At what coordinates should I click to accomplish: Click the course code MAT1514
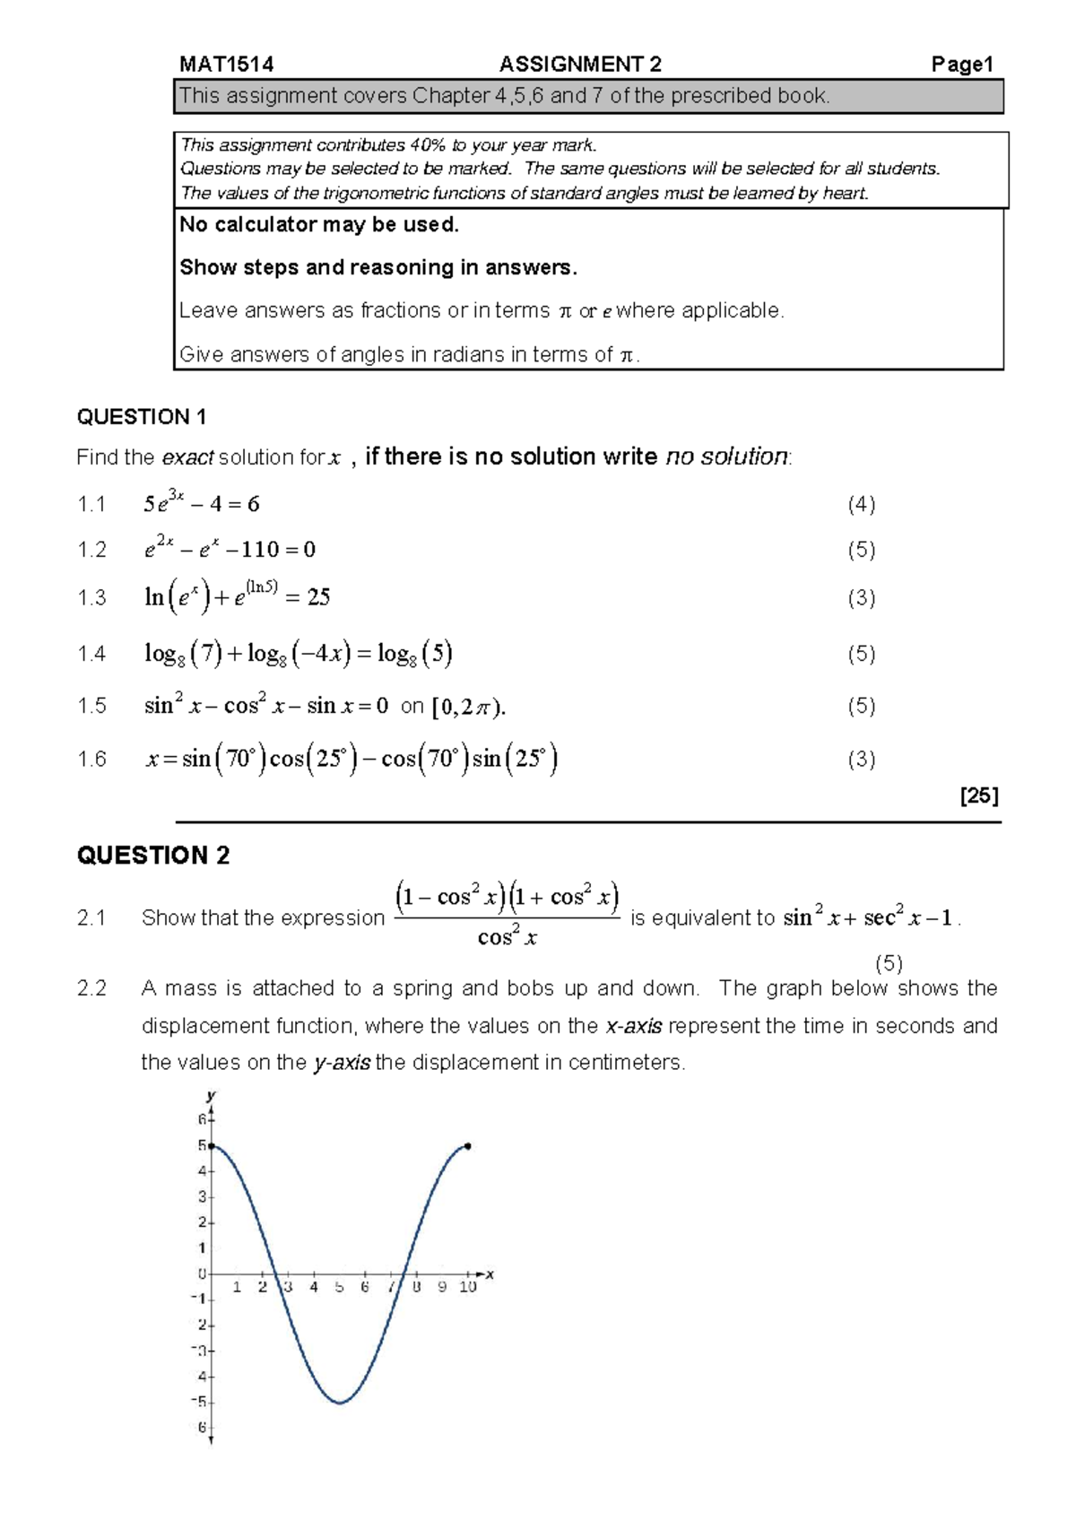[x=226, y=65]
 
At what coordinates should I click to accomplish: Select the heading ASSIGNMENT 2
[x=580, y=65]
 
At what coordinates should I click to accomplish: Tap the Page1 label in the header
[x=962, y=65]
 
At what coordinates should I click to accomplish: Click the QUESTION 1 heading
[x=142, y=417]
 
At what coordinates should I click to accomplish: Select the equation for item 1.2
[x=230, y=548]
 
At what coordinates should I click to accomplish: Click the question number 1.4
[x=91, y=654]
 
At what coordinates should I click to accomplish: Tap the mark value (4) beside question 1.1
[x=861, y=504]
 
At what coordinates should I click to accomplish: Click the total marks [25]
[x=978, y=795]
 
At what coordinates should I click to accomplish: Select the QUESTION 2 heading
[x=153, y=856]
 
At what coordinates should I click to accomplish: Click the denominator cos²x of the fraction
[x=507, y=938]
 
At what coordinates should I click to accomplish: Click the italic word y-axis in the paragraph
[x=342, y=1063]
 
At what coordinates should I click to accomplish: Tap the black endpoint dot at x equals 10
[x=468, y=1146]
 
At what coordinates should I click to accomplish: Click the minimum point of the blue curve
[x=339, y=1403]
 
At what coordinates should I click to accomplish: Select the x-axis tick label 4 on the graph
[x=314, y=1287]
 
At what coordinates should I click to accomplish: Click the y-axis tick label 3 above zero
[x=203, y=1196]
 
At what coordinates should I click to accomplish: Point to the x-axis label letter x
[x=490, y=1274]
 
